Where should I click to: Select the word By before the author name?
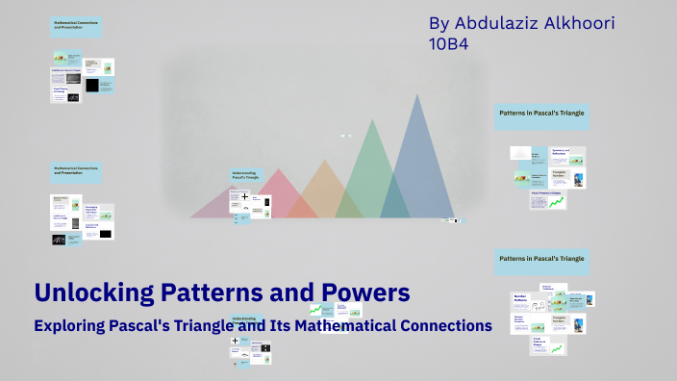click(439, 21)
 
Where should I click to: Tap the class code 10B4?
click(448, 43)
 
